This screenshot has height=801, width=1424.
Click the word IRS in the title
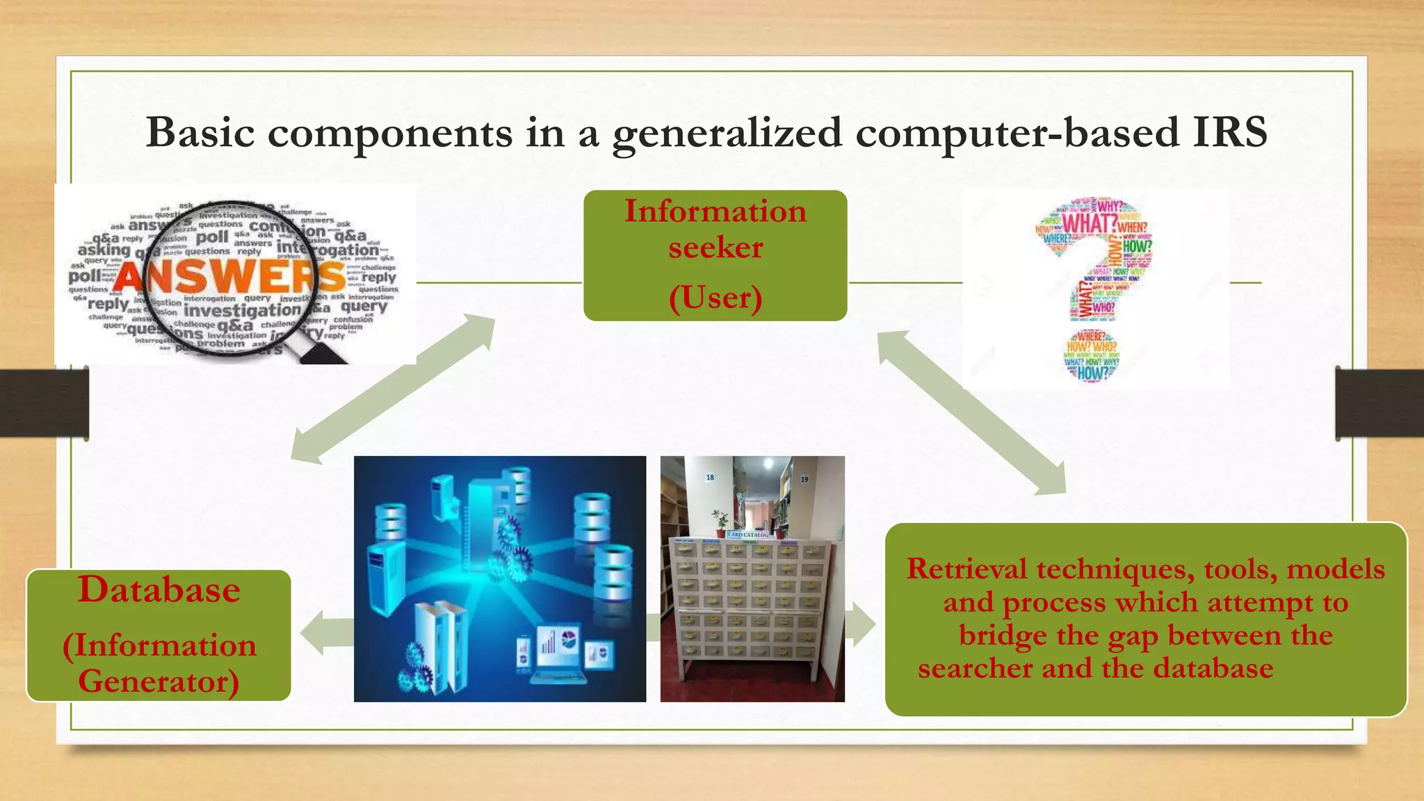(x=1229, y=132)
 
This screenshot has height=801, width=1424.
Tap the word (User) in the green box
(x=715, y=298)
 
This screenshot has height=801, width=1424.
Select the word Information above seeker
(x=715, y=211)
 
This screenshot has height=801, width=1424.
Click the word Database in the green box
(x=159, y=590)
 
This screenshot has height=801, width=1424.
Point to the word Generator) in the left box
(x=159, y=681)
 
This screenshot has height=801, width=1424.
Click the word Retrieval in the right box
(x=966, y=569)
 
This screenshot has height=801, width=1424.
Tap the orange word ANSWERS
(x=229, y=277)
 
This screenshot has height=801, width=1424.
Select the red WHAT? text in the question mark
(x=1088, y=224)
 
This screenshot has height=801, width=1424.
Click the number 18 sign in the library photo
(x=710, y=477)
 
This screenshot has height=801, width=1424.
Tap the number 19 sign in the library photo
(x=804, y=479)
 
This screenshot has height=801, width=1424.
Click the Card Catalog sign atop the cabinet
(x=747, y=535)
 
